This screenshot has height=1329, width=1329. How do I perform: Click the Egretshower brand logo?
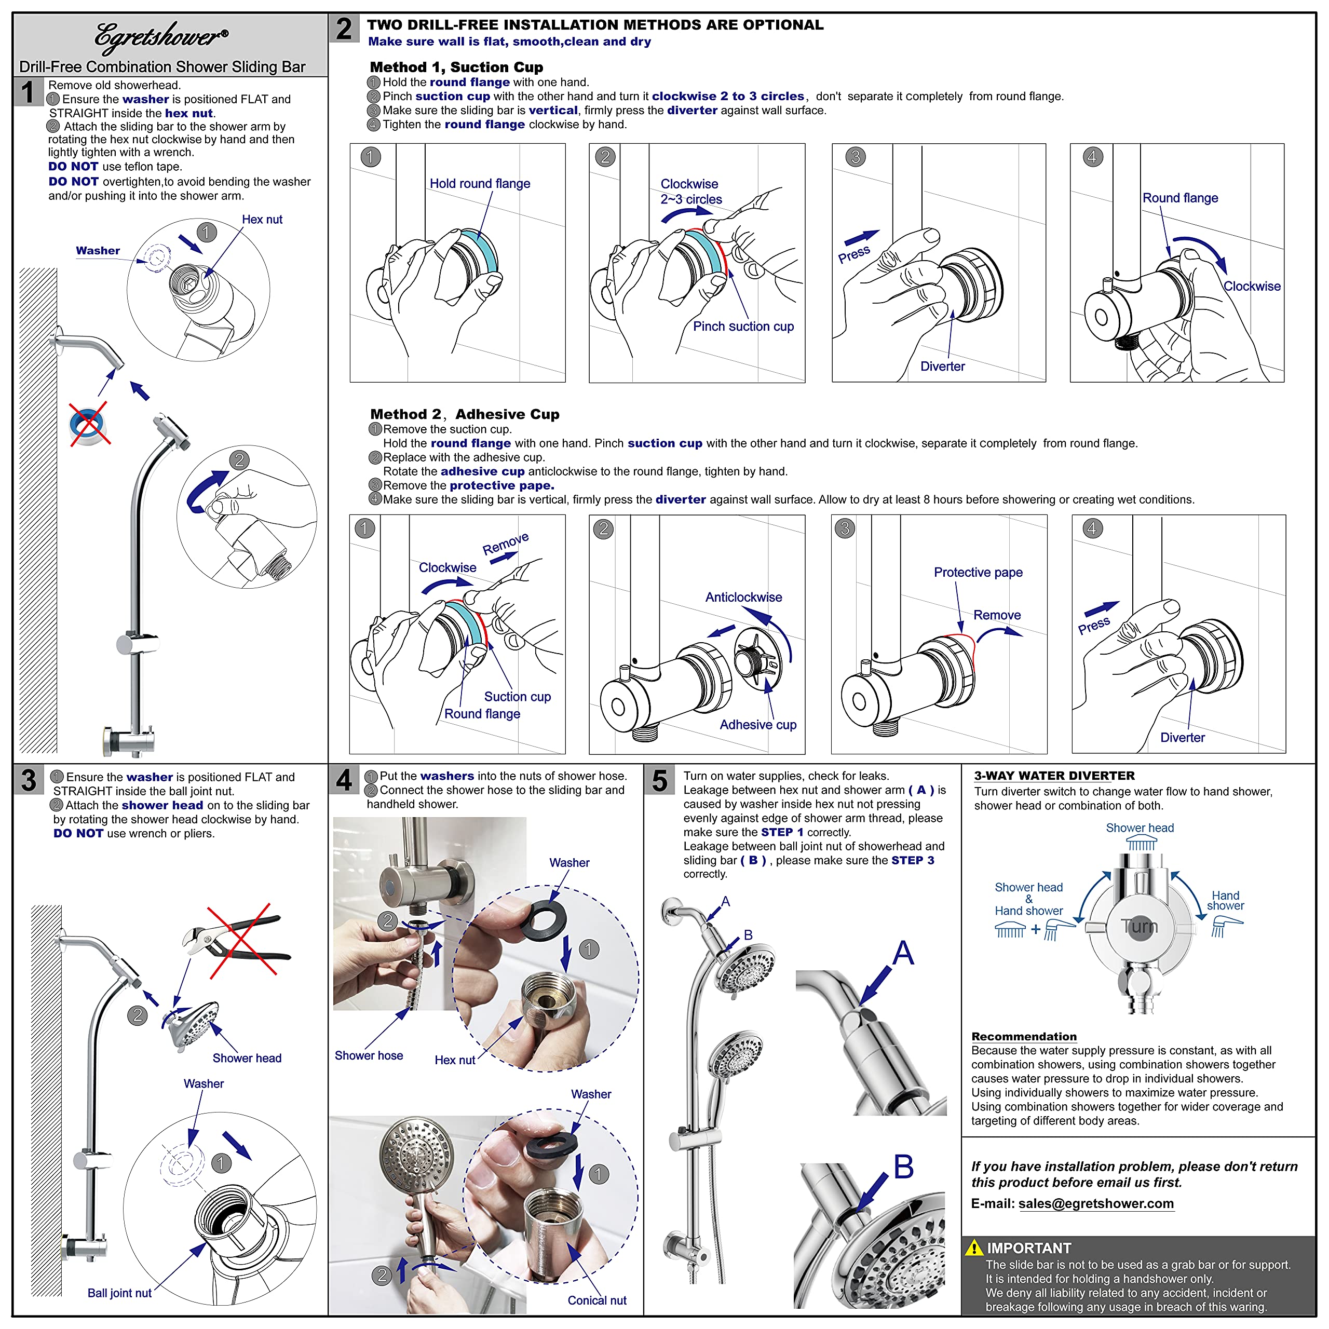pyautogui.click(x=161, y=37)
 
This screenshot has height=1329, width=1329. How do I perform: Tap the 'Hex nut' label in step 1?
pyautogui.click(x=262, y=220)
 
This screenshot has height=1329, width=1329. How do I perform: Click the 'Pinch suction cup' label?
pyautogui.click(x=743, y=326)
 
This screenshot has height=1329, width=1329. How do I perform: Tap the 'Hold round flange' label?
pyautogui.click(x=480, y=184)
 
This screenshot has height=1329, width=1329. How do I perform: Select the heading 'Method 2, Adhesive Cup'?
pyautogui.click(x=464, y=414)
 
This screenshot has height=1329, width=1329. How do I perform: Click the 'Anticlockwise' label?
pyautogui.click(x=743, y=597)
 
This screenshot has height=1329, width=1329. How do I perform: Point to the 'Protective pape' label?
pyautogui.click(x=978, y=572)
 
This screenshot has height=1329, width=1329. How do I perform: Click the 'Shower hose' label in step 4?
pyautogui.click(x=369, y=1055)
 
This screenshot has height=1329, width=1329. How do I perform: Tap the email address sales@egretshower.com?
pyautogui.click(x=1096, y=1203)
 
